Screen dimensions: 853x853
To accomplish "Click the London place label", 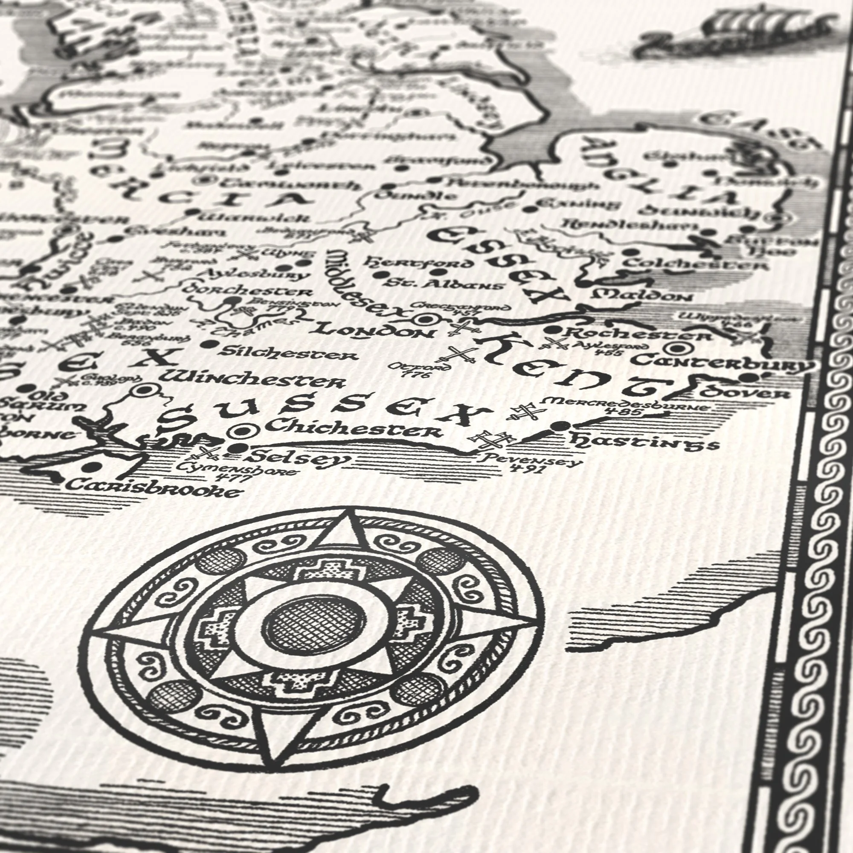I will pyautogui.click(x=375, y=331).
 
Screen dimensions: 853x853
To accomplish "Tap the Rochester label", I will pyautogui.click(x=640, y=334).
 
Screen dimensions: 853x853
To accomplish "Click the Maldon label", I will pyautogui.click(x=642, y=295).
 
